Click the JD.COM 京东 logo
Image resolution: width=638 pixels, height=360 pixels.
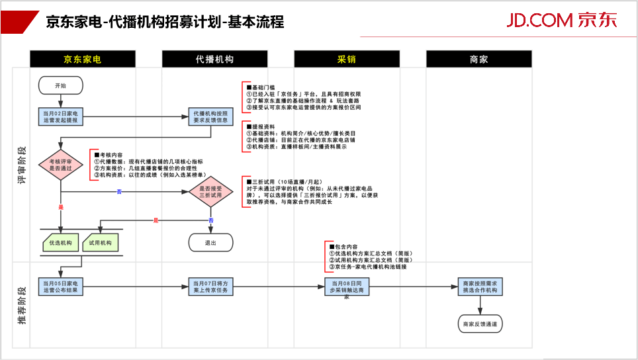[x=561, y=20]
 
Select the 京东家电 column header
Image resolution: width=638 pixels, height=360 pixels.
[x=82, y=60]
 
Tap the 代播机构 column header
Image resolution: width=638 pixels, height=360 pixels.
[x=214, y=60]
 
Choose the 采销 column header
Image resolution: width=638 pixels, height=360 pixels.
[x=347, y=60]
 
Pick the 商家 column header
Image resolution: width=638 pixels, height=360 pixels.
[x=478, y=60]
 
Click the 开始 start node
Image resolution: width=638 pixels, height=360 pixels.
[x=61, y=85]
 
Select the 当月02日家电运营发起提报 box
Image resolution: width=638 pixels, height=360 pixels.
[x=61, y=117]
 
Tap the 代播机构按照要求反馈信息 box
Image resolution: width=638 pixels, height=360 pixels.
[x=211, y=117]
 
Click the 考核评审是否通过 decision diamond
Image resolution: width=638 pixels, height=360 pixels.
[x=61, y=165]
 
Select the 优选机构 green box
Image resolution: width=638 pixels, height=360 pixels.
[x=61, y=243]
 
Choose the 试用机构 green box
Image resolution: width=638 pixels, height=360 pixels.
[x=101, y=243]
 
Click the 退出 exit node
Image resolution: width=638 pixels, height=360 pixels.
[x=211, y=243]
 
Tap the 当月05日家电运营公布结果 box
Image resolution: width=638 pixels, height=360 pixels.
[x=61, y=287]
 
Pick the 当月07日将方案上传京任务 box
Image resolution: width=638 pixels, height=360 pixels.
[x=211, y=287]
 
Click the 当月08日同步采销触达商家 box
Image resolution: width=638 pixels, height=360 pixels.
[x=347, y=287]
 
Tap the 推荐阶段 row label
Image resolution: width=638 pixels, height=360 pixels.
[x=22, y=304]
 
